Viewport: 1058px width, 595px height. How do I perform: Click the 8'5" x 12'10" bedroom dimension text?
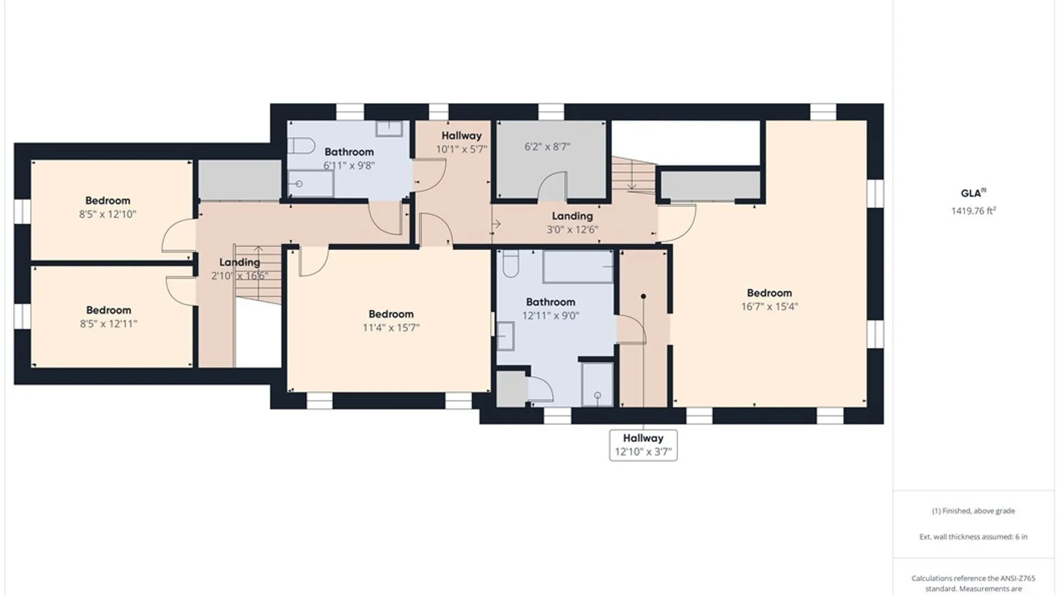[x=107, y=214]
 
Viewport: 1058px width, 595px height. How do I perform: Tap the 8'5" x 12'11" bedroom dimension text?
[x=109, y=324]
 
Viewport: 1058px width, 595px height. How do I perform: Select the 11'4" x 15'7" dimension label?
[x=391, y=328]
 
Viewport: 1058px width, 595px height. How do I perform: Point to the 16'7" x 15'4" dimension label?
[x=769, y=307]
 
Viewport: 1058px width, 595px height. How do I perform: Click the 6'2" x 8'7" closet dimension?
[x=547, y=147]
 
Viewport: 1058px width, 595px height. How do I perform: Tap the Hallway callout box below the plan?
[x=643, y=445]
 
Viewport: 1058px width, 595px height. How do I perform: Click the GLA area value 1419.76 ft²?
[x=974, y=210]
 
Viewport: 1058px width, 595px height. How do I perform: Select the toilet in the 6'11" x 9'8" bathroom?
[x=301, y=146]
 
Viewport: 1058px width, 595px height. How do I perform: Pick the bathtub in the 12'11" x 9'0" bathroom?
[x=578, y=267]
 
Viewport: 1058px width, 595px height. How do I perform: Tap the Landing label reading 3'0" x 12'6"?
[x=572, y=223]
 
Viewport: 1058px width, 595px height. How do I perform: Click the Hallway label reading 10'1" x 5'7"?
[x=461, y=142]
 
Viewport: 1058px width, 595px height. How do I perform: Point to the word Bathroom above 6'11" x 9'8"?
[x=349, y=152]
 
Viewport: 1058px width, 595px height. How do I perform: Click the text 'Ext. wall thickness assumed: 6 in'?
[x=973, y=537]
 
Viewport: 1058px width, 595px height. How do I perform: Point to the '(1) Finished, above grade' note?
[x=973, y=511]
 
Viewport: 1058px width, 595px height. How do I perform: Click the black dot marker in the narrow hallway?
[x=643, y=296]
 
